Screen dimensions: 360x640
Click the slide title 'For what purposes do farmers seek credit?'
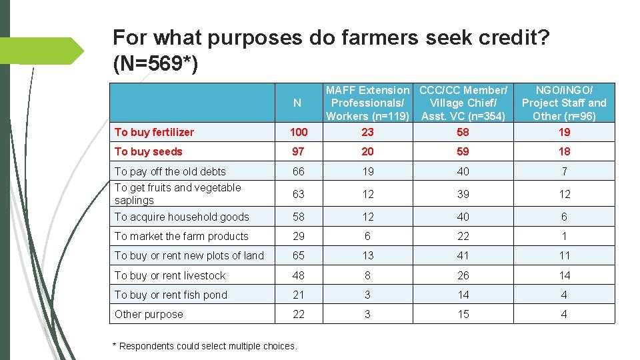click(331, 37)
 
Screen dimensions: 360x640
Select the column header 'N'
click(297, 103)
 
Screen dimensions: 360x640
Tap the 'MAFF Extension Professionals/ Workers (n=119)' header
click(367, 103)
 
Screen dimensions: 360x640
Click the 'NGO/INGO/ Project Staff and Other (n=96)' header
click(563, 103)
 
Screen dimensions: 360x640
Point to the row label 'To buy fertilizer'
click(154, 132)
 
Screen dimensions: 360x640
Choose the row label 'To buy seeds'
click(148, 151)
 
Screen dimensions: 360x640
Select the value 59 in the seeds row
click(463, 151)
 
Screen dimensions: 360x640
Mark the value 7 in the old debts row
click(564, 171)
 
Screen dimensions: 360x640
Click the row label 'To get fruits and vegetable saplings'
click(177, 194)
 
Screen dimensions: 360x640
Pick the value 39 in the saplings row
click(463, 194)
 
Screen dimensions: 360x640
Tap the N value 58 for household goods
click(298, 217)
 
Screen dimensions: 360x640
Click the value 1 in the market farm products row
click(564, 236)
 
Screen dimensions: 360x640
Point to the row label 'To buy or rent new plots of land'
click(189, 255)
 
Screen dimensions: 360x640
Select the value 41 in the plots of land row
click(463, 255)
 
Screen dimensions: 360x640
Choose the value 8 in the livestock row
click(367, 275)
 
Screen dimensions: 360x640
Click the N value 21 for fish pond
click(298, 295)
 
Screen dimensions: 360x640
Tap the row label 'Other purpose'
click(149, 314)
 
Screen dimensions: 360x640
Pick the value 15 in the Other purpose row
click(463, 314)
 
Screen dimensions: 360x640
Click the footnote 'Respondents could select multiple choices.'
click(206, 346)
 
